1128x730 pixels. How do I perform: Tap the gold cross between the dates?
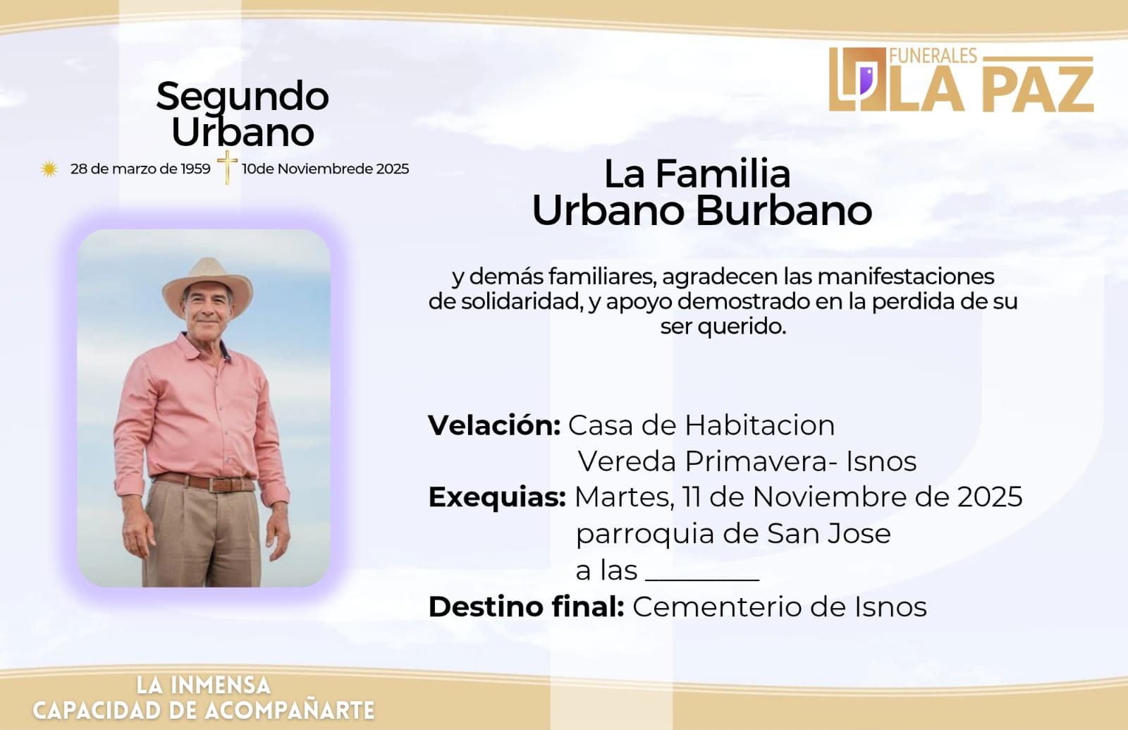tap(227, 167)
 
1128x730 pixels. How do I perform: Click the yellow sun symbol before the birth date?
tap(49, 169)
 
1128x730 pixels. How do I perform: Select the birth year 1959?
tap(195, 169)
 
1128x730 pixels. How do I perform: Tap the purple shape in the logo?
tap(866, 80)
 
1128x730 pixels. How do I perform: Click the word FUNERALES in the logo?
tap(933, 56)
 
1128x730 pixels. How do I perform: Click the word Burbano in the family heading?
tap(783, 211)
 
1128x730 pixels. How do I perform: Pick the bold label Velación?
tap(494, 426)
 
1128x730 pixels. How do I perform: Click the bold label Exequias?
tap(497, 498)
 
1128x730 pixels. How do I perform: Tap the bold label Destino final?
tap(526, 607)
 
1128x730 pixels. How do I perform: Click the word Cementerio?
tap(719, 607)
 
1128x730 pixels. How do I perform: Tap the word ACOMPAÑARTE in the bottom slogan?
tap(290, 710)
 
